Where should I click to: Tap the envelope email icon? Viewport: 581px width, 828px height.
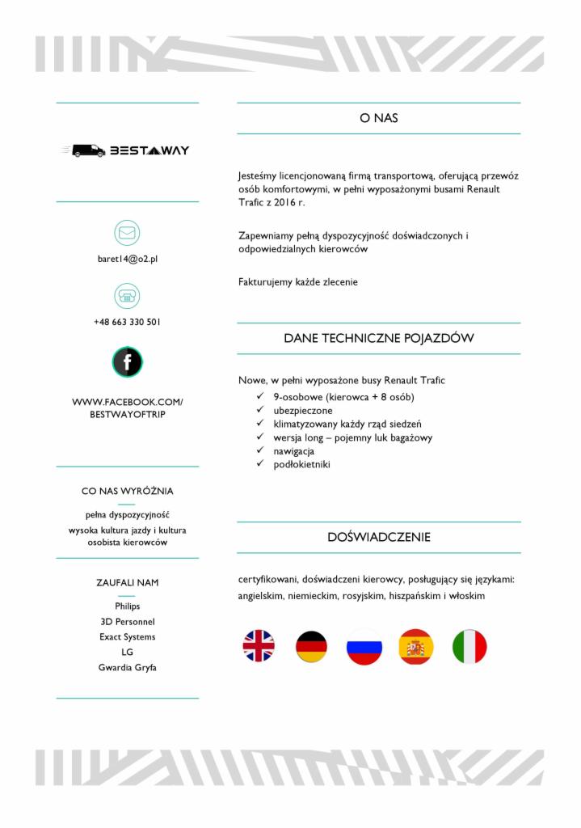tap(127, 233)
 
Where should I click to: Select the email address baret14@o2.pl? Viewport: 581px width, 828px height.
tap(127, 259)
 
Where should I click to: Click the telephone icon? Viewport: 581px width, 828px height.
tap(127, 296)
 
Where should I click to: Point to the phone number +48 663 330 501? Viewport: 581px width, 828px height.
tap(127, 322)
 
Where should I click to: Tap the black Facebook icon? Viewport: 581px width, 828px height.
tap(127, 361)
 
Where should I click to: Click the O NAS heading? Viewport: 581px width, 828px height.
tap(378, 118)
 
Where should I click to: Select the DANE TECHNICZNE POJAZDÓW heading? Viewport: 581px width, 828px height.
tap(378, 338)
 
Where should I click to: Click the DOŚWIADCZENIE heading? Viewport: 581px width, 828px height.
tap(378, 537)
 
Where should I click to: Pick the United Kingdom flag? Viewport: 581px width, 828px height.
tap(259, 646)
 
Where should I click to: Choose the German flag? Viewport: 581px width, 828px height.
tap(311, 646)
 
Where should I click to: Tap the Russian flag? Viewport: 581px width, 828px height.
tap(364, 646)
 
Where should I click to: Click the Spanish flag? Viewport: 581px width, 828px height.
tap(416, 646)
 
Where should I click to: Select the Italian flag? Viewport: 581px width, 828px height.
tap(469, 646)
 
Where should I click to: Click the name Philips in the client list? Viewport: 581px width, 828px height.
tap(127, 606)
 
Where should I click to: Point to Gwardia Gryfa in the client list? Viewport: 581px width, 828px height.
tap(127, 668)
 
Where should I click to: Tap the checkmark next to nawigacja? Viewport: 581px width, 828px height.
tap(259, 451)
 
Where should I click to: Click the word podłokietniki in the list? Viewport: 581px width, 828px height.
tap(301, 465)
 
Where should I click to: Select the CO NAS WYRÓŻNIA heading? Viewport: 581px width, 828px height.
tap(127, 491)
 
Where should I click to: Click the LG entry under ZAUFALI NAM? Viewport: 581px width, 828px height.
tap(127, 653)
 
